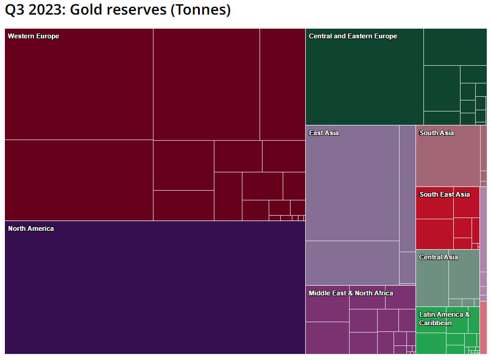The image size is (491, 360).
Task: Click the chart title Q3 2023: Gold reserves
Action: [x=118, y=10]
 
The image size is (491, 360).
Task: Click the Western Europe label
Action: [x=34, y=36]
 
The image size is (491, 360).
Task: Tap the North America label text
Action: [x=31, y=228]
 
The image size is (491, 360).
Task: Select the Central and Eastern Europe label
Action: [x=353, y=36]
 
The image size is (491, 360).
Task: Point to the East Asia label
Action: [x=323, y=133]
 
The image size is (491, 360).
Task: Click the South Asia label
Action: [x=436, y=133]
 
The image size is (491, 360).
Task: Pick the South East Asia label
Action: [x=444, y=194]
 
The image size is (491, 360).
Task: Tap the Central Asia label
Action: [x=439, y=257]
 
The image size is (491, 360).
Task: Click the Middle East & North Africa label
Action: [x=351, y=293]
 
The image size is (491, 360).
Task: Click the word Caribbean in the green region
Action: [x=436, y=323]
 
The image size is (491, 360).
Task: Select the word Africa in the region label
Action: [x=383, y=293]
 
